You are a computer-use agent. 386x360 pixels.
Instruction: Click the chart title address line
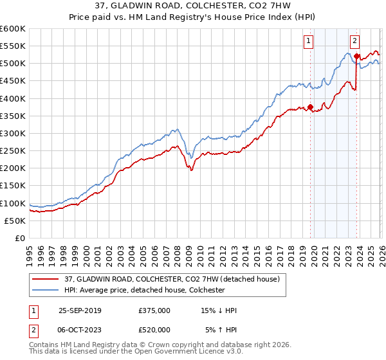click(x=192, y=6)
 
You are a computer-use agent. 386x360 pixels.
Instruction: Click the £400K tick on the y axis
click(x=12, y=98)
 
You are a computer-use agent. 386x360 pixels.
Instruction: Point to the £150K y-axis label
click(x=12, y=186)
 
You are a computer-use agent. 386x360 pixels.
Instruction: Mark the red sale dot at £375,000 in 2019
click(x=310, y=107)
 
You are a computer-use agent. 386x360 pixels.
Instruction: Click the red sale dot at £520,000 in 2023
click(x=356, y=57)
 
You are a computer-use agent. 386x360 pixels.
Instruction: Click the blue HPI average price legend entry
click(x=144, y=290)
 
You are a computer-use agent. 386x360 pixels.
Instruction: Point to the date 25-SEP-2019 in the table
click(x=83, y=310)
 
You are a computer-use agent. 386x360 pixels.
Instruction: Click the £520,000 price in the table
click(x=154, y=329)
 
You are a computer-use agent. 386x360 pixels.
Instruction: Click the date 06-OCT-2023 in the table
click(x=83, y=329)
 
